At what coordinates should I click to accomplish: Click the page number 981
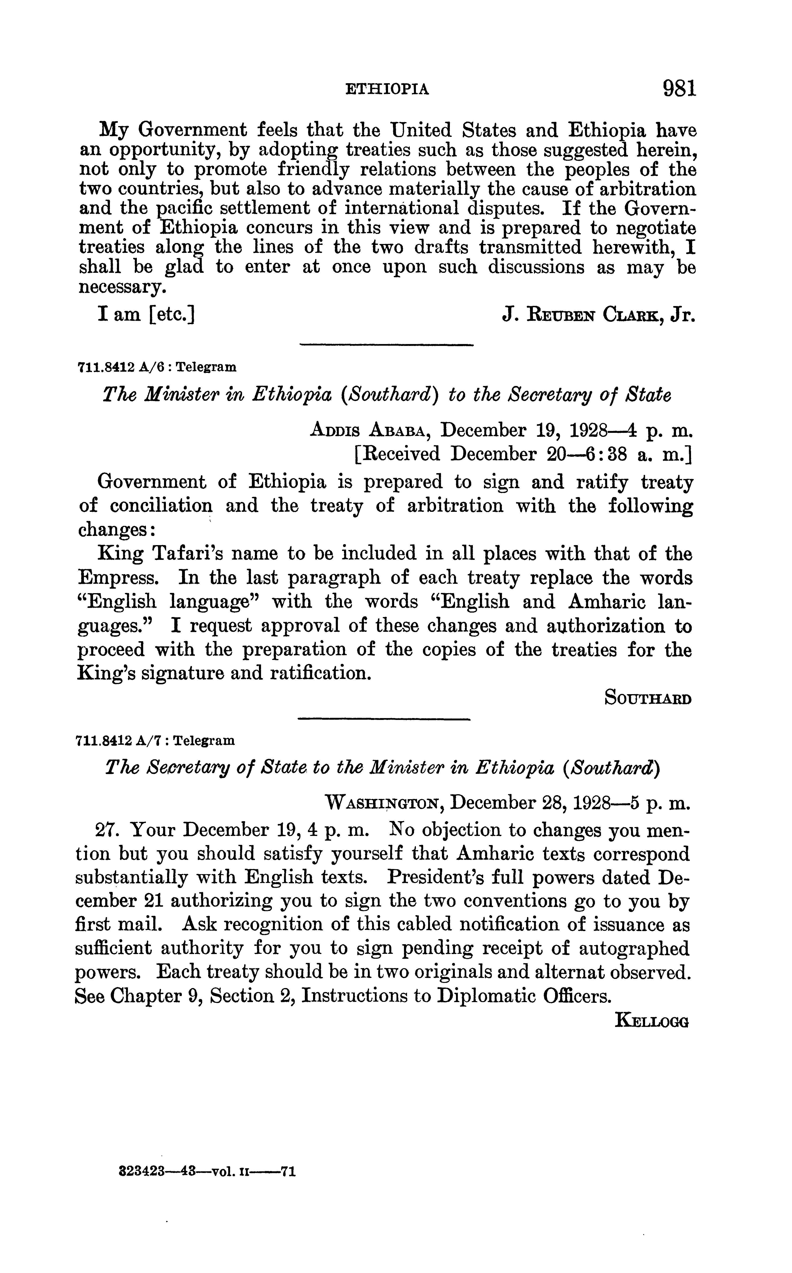tap(679, 88)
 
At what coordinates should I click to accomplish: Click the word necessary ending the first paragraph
tap(122, 288)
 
